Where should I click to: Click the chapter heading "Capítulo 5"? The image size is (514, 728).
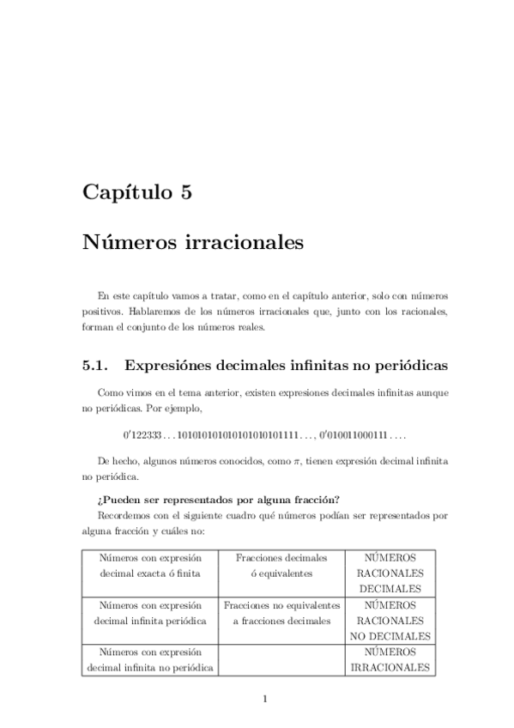click(x=136, y=192)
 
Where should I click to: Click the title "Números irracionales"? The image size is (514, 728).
click(x=193, y=244)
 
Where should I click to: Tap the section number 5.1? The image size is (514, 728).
click(x=94, y=365)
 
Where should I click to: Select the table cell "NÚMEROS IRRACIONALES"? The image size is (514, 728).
click(x=390, y=659)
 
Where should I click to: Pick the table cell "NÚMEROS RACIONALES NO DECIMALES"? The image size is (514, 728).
click(x=390, y=620)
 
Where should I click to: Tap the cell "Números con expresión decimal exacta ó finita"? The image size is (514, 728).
click(x=149, y=565)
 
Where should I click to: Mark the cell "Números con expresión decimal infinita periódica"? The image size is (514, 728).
click(x=149, y=612)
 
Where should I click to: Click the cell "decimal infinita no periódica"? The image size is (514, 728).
click(x=149, y=667)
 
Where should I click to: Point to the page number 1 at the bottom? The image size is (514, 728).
click(x=265, y=697)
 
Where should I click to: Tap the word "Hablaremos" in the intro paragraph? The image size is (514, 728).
click(x=154, y=311)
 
